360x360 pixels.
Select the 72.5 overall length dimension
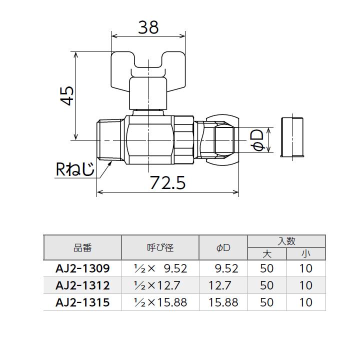[x=167, y=183]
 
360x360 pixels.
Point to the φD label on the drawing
[x=257, y=139]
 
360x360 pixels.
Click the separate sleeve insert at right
[x=292, y=137]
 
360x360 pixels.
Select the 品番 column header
[x=82, y=247]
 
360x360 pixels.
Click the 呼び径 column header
[x=160, y=247]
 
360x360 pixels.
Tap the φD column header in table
[x=223, y=247]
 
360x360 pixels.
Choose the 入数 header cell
[x=286, y=241]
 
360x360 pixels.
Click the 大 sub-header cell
[x=267, y=254]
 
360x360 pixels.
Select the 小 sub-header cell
[x=305, y=254]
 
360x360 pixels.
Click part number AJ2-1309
[x=82, y=268]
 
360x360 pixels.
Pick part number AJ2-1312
[x=82, y=285]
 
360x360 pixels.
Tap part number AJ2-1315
[x=82, y=302]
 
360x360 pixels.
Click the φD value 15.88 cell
[x=224, y=302]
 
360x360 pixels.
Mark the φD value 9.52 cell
[x=226, y=268]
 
